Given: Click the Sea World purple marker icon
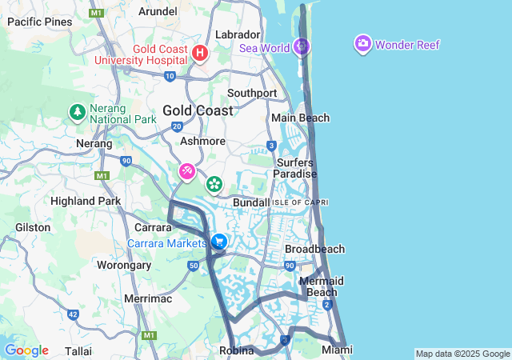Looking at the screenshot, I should tap(302, 46).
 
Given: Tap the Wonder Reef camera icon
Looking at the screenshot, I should tap(363, 43).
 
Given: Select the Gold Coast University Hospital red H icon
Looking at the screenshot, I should tap(200, 54).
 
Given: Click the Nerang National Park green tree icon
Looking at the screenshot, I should tap(78, 112).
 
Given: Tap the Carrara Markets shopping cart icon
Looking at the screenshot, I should tap(218, 242).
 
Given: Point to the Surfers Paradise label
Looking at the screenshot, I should tap(294, 168).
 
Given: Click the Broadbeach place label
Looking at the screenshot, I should tap(314, 249).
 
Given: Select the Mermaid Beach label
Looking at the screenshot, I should tap(321, 286).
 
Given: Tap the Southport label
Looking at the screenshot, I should tap(252, 93).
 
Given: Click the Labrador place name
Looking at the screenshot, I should tap(238, 34).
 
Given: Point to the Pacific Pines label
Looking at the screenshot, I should tap(39, 22).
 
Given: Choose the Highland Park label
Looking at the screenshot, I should tap(84, 200).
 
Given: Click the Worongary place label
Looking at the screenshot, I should tap(124, 265).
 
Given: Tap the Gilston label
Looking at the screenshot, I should tap(33, 227).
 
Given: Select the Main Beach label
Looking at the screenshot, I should tap(300, 118).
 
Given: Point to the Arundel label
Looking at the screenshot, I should tap(158, 11).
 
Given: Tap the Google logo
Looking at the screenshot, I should tap(26, 350).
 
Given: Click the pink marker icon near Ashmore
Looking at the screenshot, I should tap(186, 171).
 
